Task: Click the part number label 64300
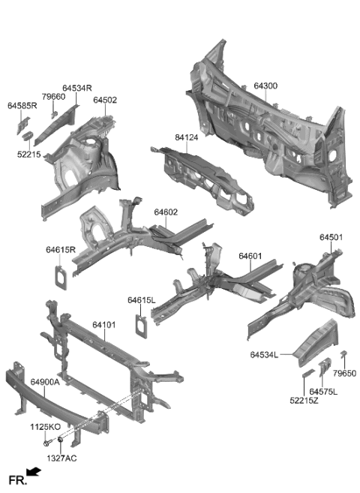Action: [265, 86]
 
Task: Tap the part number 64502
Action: [105, 100]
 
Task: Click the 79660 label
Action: [53, 97]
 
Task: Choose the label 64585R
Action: [22, 106]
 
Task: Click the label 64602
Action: [166, 212]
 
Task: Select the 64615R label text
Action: [61, 250]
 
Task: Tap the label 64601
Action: [250, 257]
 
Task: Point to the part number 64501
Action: [331, 237]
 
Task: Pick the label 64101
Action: [104, 325]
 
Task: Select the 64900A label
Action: [45, 382]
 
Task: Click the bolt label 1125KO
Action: [44, 426]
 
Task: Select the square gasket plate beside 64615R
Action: [59, 274]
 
